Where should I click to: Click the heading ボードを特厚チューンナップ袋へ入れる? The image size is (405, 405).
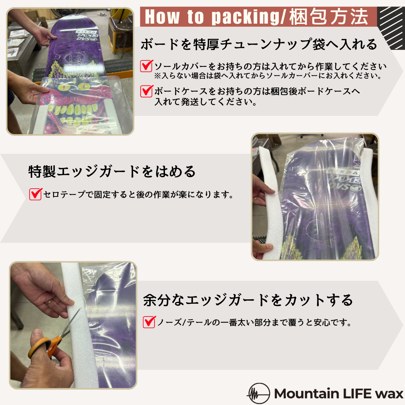259,45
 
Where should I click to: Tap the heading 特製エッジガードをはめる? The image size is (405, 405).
112,171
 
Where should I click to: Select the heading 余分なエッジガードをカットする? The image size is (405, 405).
248,300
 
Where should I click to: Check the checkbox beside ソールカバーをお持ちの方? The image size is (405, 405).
146,66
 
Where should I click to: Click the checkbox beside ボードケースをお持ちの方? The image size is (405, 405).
146,91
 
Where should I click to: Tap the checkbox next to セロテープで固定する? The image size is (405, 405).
35,194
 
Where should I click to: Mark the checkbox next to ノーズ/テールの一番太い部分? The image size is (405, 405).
149,322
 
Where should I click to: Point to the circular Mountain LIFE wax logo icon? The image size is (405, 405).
258,394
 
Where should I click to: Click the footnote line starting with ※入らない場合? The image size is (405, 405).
268,76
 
